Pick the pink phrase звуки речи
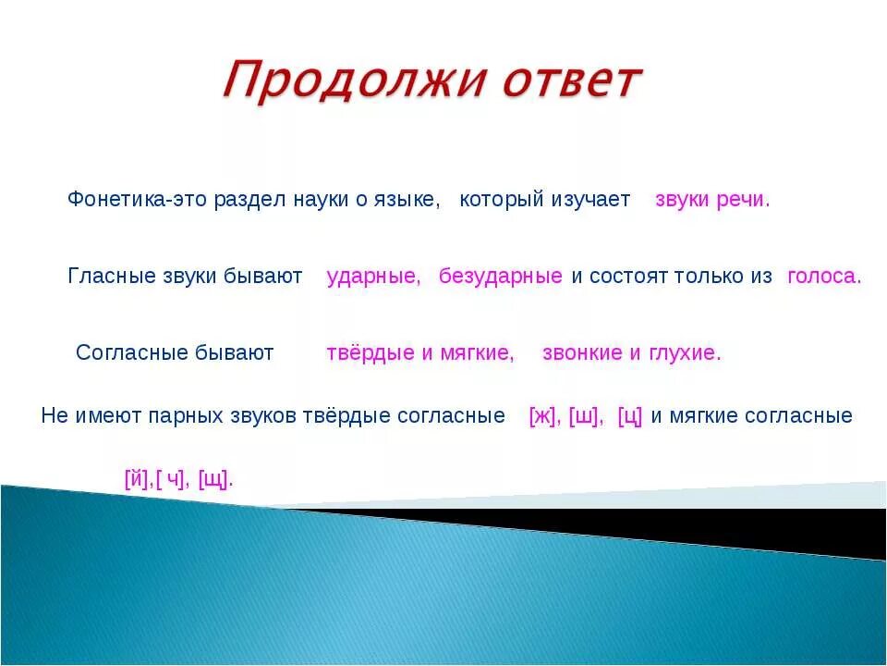click(711, 200)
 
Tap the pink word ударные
click(373, 277)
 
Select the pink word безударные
click(501, 277)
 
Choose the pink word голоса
click(823, 277)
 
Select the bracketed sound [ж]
click(541, 416)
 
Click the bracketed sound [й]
click(136, 479)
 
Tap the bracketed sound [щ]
click(214, 479)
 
